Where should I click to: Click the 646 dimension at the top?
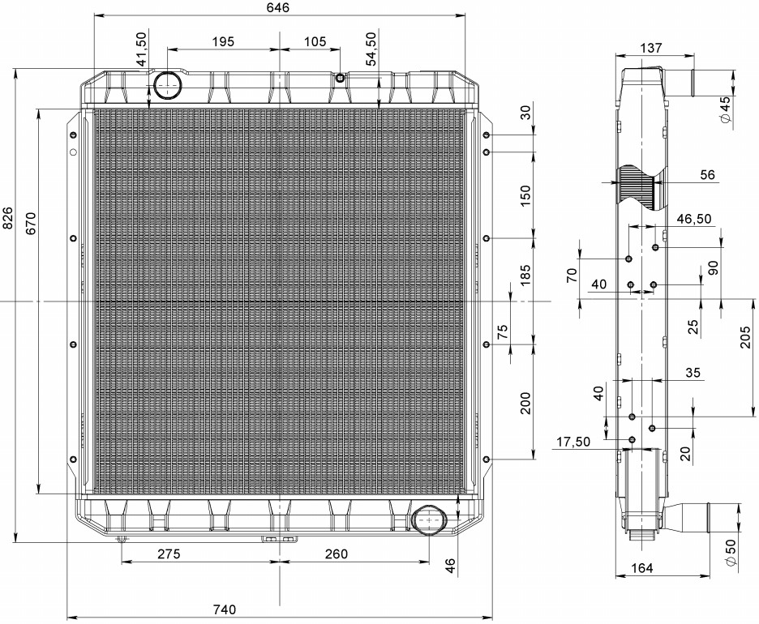[x=277, y=7]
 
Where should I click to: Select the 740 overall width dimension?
[x=225, y=609]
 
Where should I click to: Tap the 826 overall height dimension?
[x=7, y=218]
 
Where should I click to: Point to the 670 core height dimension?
[x=31, y=223]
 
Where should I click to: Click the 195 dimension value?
[x=223, y=41]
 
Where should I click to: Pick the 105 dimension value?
[x=315, y=41]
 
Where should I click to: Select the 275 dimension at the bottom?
[x=169, y=553]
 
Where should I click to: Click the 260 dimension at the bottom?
[x=336, y=553]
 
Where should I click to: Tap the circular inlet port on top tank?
[x=168, y=84]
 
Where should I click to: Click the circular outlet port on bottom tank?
[x=428, y=520]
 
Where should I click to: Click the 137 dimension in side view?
[x=651, y=48]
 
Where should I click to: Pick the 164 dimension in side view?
[x=642, y=568]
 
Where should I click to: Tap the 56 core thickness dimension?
[x=707, y=174]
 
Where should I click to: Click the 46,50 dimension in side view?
[x=694, y=219]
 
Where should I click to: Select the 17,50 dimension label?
[x=573, y=442]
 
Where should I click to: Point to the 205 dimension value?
[x=745, y=337]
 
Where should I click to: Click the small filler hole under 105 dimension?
[x=341, y=78]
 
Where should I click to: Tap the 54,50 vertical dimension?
[x=371, y=49]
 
